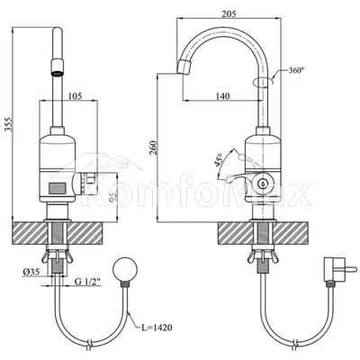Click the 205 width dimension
click(229, 13)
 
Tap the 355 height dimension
click(9, 124)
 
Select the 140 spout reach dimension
click(223, 96)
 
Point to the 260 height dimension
click(153, 148)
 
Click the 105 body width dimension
click(75, 96)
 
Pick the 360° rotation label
click(296, 71)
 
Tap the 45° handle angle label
click(219, 159)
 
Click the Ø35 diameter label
click(31, 272)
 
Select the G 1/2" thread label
click(87, 282)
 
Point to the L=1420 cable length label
click(157, 328)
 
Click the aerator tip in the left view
click(58, 67)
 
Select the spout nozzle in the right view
click(184, 67)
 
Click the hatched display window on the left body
click(58, 188)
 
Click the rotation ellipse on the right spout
click(263, 81)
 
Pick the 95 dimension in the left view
click(112, 197)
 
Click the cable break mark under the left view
click(89, 344)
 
